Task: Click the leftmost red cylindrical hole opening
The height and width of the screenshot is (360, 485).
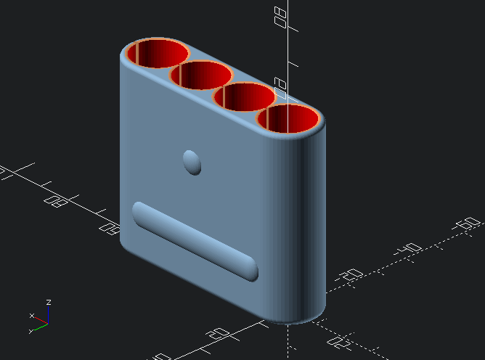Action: (x=158, y=54)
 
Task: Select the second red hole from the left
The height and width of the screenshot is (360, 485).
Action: (x=201, y=75)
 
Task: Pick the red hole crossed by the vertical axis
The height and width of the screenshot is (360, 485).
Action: (x=292, y=118)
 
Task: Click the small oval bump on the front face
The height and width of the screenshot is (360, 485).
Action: (x=192, y=162)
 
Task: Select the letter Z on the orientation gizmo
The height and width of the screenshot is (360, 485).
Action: (x=48, y=301)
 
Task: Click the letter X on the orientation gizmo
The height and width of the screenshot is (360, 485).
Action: (x=31, y=316)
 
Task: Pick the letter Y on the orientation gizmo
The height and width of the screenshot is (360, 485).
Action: (x=30, y=331)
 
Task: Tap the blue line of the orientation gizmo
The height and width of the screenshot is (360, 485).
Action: (x=48, y=314)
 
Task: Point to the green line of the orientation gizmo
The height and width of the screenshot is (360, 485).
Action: (x=40, y=325)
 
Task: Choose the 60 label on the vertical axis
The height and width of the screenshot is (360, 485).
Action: (x=282, y=86)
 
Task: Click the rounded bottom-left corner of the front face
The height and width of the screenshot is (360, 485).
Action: (x=128, y=244)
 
